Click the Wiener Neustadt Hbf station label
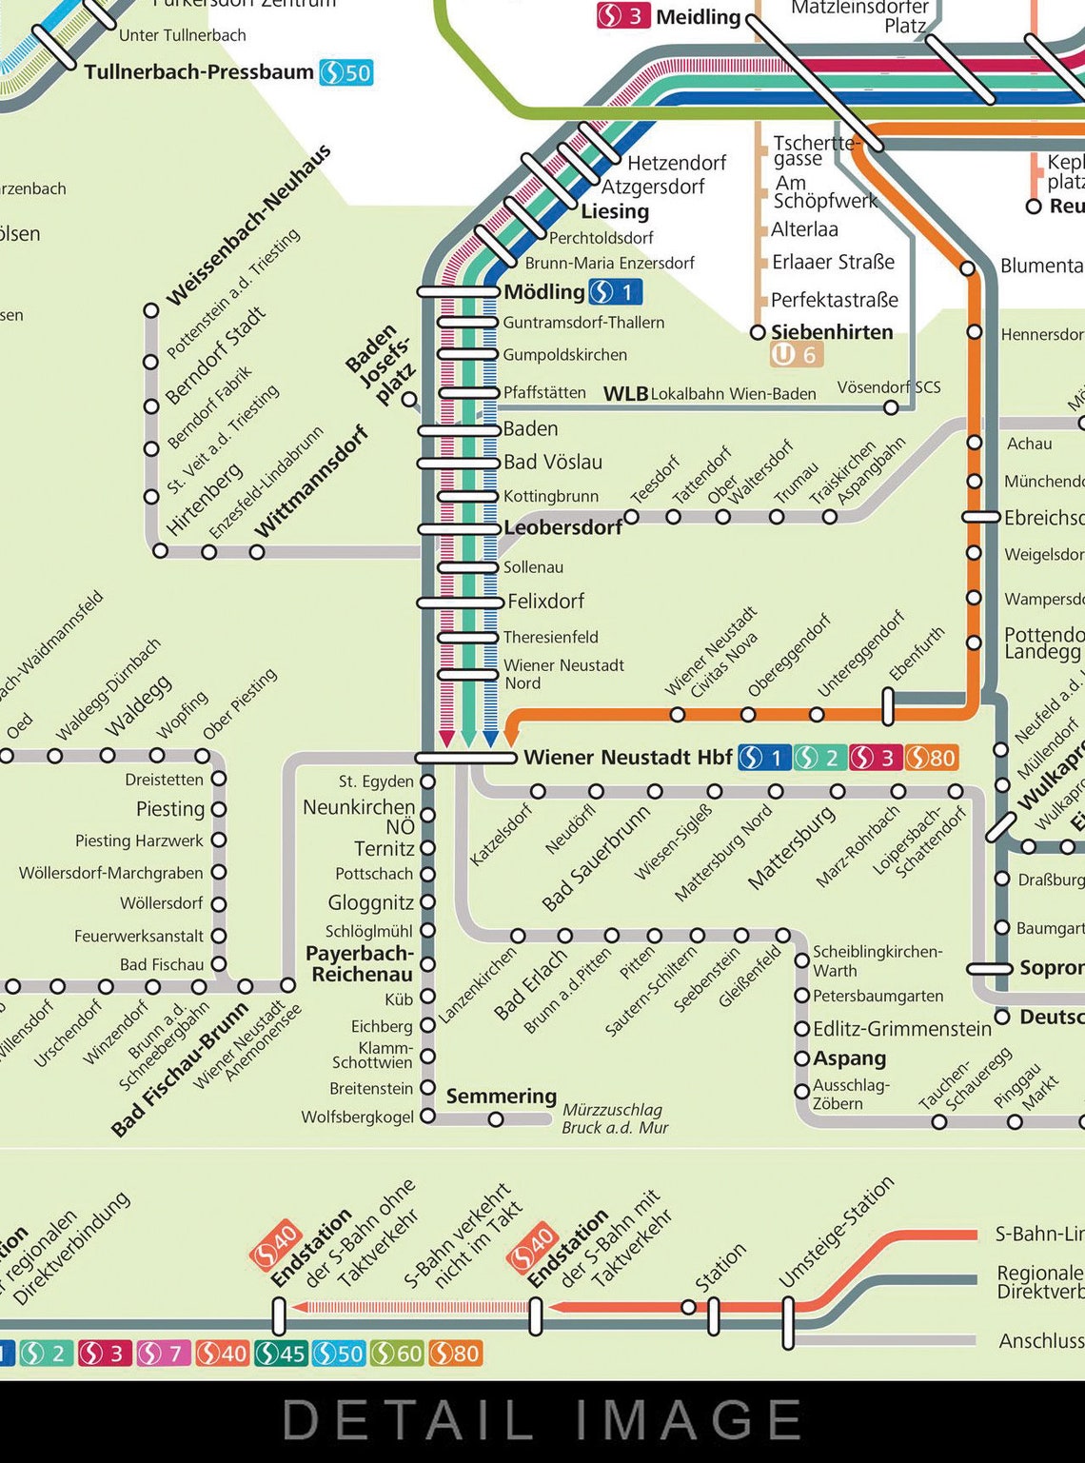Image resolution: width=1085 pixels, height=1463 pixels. (627, 758)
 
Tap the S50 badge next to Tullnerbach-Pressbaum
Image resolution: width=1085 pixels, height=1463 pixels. (345, 72)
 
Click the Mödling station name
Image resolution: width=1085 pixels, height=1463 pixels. (543, 291)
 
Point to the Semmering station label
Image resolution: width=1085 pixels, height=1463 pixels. (501, 1096)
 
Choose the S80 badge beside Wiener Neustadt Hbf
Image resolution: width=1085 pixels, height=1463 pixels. (931, 758)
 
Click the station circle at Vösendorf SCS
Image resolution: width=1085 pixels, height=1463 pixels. (891, 407)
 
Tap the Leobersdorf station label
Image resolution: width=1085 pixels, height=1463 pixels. (562, 527)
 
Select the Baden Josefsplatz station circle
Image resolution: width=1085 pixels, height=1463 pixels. (409, 399)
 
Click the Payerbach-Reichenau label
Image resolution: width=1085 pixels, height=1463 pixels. (361, 963)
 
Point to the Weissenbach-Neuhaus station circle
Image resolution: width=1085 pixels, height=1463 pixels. (150, 310)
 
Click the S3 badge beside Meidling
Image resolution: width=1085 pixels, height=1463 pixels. (623, 16)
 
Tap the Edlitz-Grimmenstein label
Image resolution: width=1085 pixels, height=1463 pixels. (901, 1028)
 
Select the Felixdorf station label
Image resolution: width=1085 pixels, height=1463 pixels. (545, 602)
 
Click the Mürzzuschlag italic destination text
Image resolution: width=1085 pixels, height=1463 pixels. (611, 1110)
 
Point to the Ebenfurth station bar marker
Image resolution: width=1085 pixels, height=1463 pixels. (888, 706)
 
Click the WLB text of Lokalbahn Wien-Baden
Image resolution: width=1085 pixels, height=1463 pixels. (625, 394)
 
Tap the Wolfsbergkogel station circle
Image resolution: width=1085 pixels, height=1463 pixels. (428, 1116)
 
